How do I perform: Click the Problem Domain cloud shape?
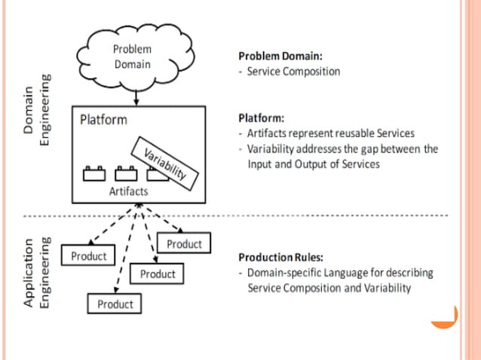tap(133, 56)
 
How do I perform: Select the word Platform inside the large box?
tap(103, 120)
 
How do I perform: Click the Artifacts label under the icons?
tap(129, 191)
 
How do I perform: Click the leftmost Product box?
tap(89, 256)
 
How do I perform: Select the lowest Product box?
tap(115, 304)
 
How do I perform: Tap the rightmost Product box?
tap(184, 244)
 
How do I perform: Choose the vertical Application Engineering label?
tap(38, 273)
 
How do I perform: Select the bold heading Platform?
tap(261, 118)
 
